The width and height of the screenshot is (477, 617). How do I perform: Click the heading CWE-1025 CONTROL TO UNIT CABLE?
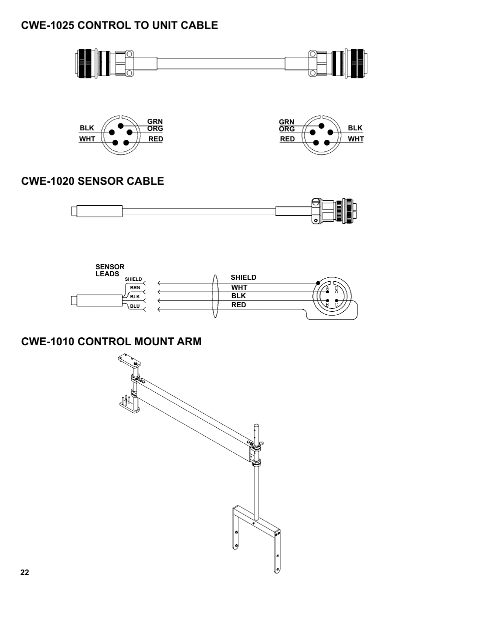[119, 25]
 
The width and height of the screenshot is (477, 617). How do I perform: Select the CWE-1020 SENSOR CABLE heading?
[92, 181]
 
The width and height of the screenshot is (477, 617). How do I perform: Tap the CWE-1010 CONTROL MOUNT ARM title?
[111, 342]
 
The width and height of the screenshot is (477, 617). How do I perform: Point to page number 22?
[25, 573]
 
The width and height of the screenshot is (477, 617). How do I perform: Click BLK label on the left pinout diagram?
[86, 128]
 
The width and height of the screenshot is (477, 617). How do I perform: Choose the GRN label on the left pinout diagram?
[155, 121]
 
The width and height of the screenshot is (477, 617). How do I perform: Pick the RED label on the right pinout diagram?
[287, 139]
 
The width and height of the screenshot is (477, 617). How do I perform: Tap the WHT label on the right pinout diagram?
[355, 139]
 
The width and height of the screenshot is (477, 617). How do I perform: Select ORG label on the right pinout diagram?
[286, 129]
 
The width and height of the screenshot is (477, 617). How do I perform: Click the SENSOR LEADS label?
[109, 270]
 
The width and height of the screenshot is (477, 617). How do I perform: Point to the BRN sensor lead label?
[135, 288]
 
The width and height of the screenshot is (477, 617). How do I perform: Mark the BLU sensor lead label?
[135, 306]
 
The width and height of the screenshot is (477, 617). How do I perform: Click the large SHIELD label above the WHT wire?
[243, 277]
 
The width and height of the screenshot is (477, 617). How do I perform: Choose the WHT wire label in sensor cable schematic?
[239, 287]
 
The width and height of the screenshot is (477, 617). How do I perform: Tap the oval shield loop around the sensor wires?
[215, 296]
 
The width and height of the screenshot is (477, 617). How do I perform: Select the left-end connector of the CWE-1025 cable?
[95, 63]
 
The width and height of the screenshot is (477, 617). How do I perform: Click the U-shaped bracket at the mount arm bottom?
[256, 537]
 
